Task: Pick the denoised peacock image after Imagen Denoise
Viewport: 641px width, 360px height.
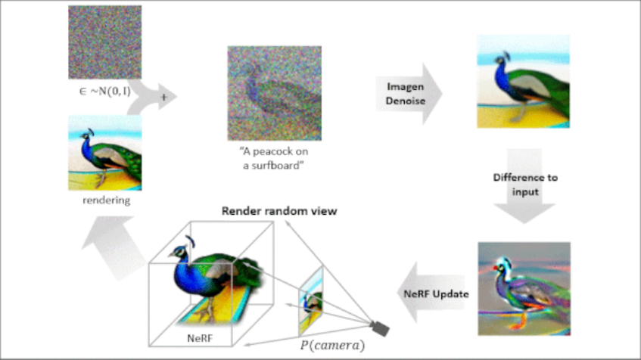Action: (x=523, y=81)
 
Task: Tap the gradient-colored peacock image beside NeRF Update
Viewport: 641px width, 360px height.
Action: (x=523, y=288)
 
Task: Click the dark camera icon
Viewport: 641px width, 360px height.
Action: (x=379, y=327)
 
